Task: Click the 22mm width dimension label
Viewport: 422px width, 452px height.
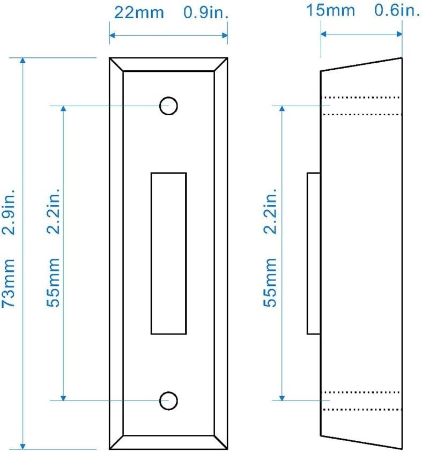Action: tap(139, 13)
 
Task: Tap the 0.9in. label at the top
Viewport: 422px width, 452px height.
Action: tap(206, 13)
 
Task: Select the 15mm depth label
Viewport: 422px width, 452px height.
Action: tap(330, 11)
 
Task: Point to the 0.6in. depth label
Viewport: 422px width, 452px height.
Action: tap(397, 10)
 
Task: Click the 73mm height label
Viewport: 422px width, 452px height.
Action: tap(8, 283)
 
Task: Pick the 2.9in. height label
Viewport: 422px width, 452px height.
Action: tap(8, 212)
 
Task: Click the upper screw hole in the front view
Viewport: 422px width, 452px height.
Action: tap(168, 106)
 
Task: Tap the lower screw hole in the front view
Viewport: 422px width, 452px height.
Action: tap(168, 401)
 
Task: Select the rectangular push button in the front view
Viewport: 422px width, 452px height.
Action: tap(168, 254)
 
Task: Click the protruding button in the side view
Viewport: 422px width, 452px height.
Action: tap(314, 254)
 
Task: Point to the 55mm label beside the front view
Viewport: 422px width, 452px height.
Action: tap(53, 283)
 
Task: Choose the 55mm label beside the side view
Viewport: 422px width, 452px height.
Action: tap(270, 283)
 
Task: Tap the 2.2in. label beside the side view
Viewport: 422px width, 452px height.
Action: tap(270, 211)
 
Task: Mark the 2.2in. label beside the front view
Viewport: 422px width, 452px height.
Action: tap(53, 211)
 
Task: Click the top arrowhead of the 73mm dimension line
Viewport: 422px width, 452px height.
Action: tap(23, 61)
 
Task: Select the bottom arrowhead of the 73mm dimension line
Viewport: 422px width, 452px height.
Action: tap(23, 446)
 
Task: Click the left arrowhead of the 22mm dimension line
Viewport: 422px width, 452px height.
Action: tap(113, 35)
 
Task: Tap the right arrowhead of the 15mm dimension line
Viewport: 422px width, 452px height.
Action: tap(399, 34)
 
